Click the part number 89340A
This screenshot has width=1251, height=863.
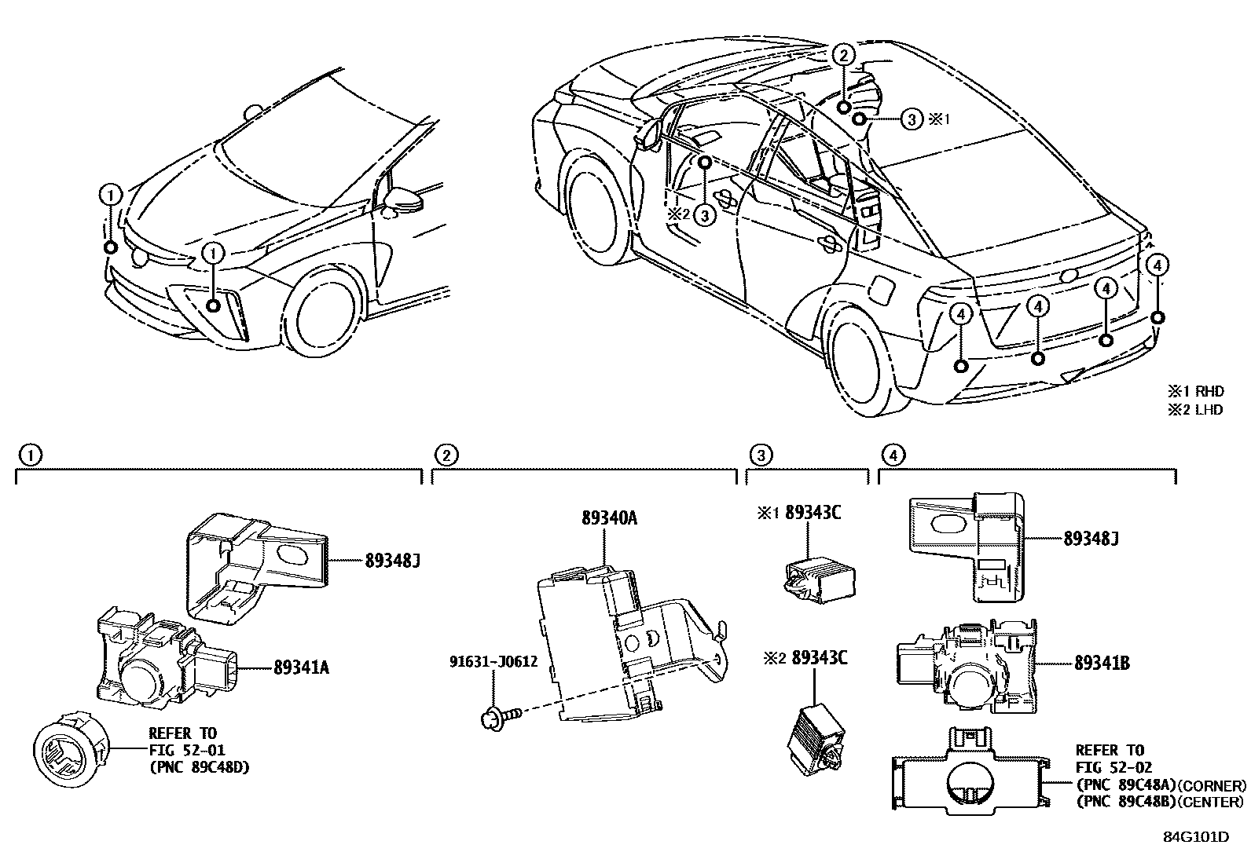(609, 518)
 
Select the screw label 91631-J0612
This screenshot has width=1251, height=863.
(493, 661)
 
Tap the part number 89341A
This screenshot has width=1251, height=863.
(301, 668)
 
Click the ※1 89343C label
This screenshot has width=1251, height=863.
(799, 513)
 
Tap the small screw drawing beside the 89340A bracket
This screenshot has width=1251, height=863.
(500, 715)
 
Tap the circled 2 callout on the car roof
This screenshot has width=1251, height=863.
(842, 55)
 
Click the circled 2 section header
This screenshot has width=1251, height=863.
(445, 455)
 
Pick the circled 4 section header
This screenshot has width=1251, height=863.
(890, 455)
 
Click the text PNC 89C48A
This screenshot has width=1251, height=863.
(1127, 785)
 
